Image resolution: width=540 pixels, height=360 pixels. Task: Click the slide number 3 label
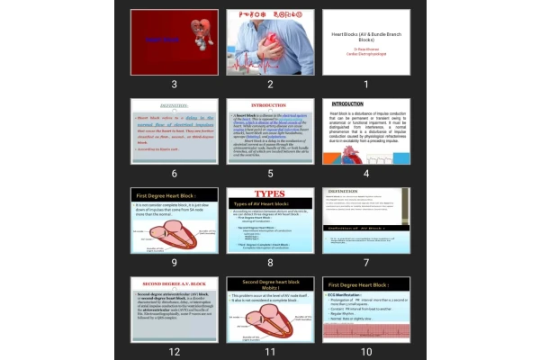pos(174,84)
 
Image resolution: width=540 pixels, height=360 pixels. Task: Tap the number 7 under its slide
pos(366,262)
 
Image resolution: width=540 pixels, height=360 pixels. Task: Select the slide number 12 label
pos(174,351)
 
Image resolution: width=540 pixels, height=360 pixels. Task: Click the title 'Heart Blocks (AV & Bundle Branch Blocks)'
pos(365,35)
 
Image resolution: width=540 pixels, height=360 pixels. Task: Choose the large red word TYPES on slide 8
pos(270,193)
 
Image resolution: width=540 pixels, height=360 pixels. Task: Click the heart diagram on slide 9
pos(172,236)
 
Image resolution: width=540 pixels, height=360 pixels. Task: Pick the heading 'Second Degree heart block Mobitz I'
pos(269,287)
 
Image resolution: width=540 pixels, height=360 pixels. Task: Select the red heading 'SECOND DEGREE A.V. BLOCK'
pos(174,283)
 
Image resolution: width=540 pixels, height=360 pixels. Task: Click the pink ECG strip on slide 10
pos(365,330)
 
